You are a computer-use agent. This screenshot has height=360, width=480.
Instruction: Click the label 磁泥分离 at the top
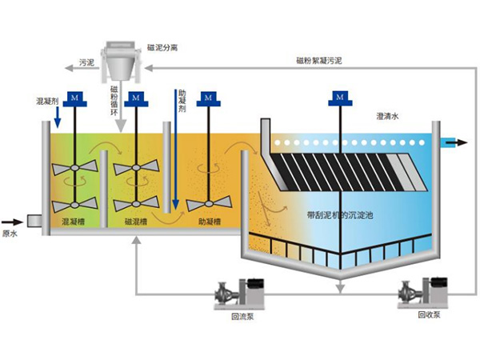click(x=163, y=48)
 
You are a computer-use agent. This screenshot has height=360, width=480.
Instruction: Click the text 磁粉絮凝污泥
click(x=319, y=61)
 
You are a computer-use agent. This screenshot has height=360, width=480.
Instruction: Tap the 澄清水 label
click(x=387, y=117)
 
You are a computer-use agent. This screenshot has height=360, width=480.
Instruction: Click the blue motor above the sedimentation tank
click(x=339, y=98)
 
